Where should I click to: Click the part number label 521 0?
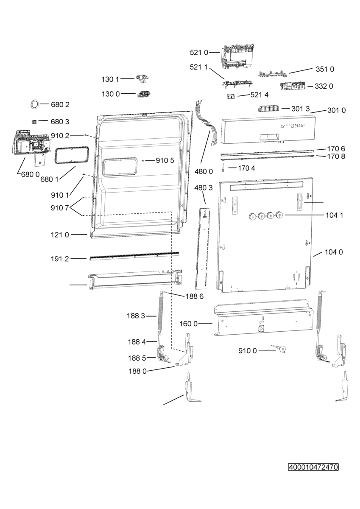coord(199,53)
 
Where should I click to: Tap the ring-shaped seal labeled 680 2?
coord(35,104)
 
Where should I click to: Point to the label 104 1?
coord(334,215)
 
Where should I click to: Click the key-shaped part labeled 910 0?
coord(279,348)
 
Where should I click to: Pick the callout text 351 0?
coord(325,69)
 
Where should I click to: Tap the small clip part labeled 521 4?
coord(231,96)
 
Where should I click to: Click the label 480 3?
coord(204,187)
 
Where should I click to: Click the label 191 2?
coord(60,259)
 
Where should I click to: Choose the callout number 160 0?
coord(189,324)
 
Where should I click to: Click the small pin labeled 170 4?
coord(223,168)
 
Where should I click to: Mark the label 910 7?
coord(60,208)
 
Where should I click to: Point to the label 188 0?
coord(138,371)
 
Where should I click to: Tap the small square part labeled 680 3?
coord(34,122)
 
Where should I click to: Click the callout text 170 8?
coord(336,157)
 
